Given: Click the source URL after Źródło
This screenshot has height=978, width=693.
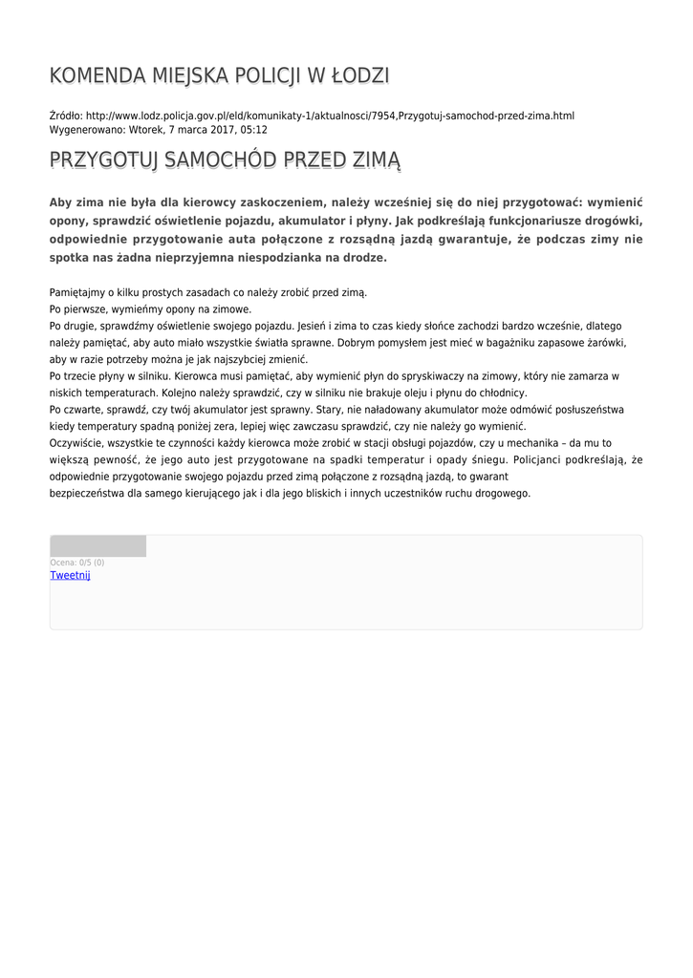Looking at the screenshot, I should [x=330, y=116].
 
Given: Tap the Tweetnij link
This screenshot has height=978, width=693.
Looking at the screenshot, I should [x=70, y=575].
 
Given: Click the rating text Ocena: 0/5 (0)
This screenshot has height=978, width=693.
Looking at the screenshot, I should [x=77, y=563].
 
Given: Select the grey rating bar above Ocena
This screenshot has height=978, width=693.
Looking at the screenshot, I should [x=97, y=546].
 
